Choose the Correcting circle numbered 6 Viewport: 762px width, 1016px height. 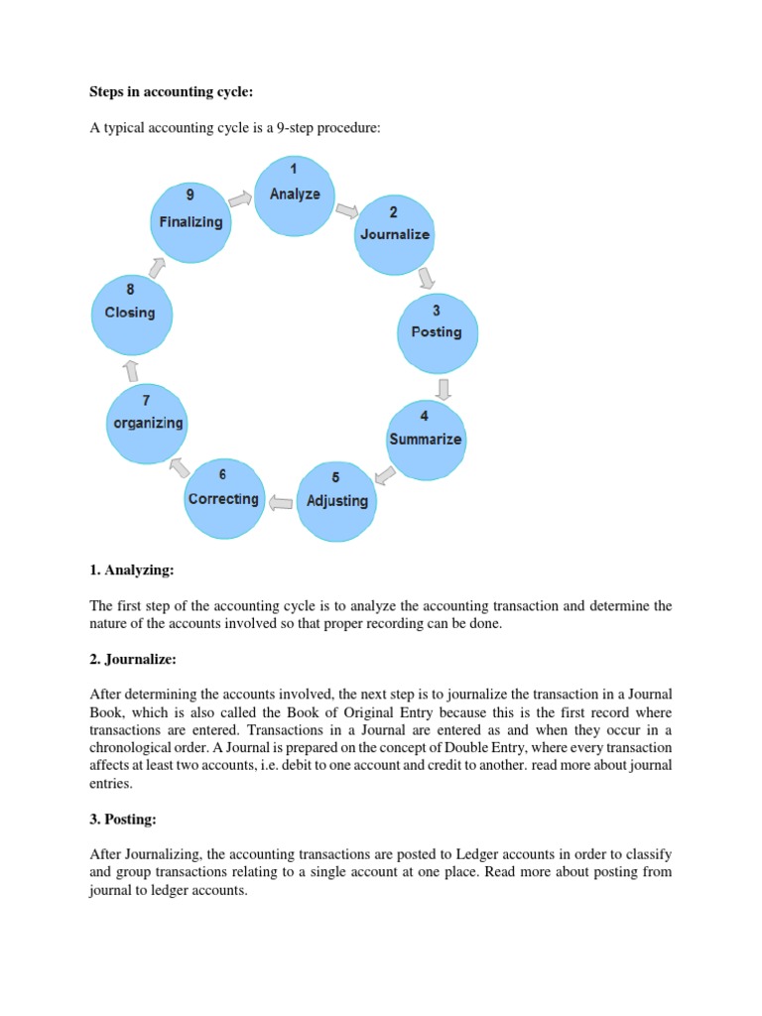click(x=223, y=498)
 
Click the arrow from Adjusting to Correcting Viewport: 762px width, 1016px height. click(x=281, y=502)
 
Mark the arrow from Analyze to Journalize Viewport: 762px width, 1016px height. click(x=347, y=210)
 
